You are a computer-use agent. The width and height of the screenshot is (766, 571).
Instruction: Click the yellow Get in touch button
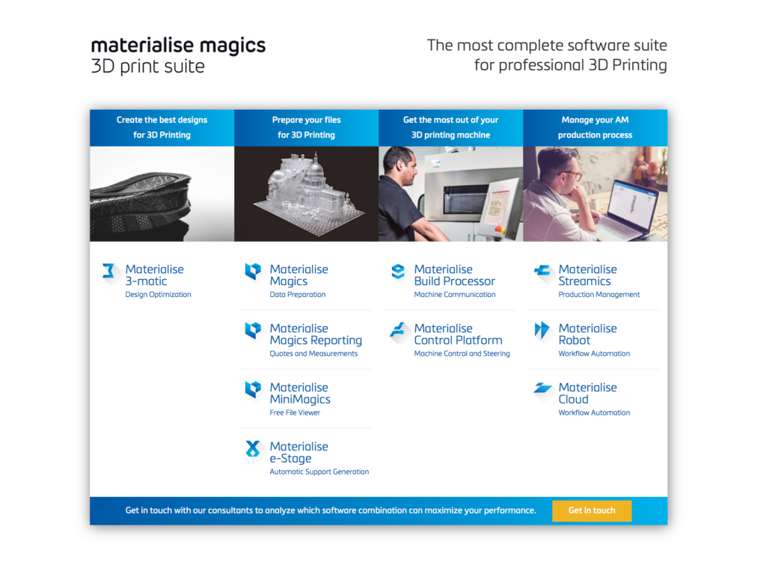pos(592,510)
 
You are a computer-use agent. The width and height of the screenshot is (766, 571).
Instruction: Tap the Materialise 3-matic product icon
pos(108,271)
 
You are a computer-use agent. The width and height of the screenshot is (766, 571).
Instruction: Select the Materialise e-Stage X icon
pos(253,448)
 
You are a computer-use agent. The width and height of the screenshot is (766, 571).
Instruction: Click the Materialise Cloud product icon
pos(542,388)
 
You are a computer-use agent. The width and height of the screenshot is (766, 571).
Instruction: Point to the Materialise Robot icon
pos(542,330)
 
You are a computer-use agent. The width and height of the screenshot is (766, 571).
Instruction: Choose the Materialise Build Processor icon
pos(398,272)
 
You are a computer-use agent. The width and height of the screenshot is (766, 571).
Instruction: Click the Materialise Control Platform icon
pos(398,330)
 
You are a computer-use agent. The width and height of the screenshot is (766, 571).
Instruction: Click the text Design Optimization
pos(158,295)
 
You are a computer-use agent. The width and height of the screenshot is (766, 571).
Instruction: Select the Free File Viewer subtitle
pos(295,412)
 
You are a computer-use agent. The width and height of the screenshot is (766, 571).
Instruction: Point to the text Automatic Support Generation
pos(319,471)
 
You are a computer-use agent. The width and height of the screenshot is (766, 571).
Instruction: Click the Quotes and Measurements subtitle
pos(313,353)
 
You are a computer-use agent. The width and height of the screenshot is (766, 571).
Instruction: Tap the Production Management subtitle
pos(599,294)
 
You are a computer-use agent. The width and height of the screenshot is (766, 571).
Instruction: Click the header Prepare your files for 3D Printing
pos(306,127)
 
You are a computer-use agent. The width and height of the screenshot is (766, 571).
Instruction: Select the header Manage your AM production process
pos(595,127)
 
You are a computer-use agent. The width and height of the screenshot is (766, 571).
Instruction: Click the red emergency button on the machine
pos(498,229)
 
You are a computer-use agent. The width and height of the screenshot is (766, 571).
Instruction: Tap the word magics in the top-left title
pos(233,46)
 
